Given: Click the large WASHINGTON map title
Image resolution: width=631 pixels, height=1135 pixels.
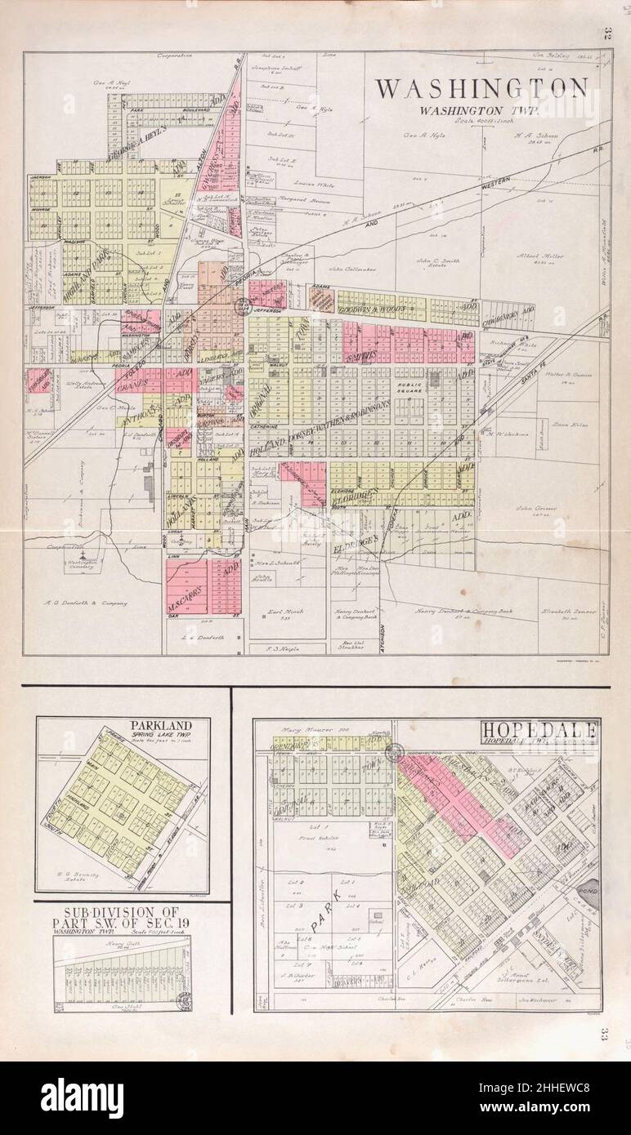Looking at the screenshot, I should (481, 88).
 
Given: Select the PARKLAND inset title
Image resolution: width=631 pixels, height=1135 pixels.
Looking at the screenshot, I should (160, 725).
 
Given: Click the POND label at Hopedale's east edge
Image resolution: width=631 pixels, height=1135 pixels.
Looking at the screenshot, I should (590, 893).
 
